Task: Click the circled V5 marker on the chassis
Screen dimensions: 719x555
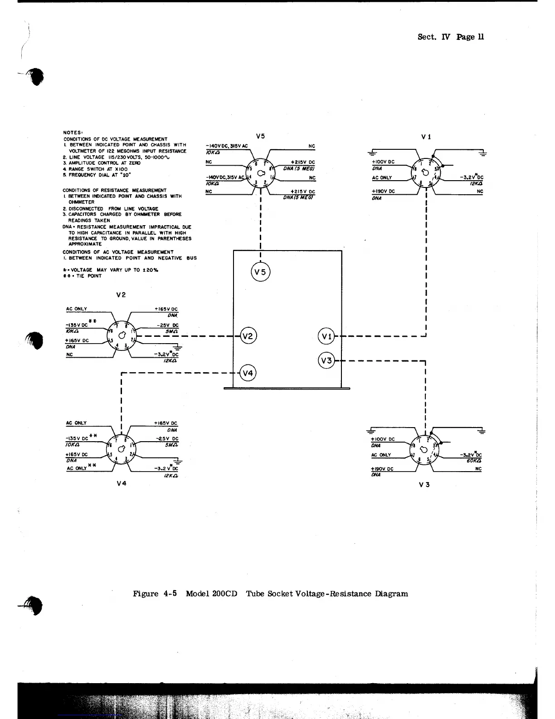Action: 260,272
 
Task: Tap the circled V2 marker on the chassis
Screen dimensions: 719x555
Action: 248,336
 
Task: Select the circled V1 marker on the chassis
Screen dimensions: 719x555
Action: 326,336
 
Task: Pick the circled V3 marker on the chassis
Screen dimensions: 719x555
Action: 326,361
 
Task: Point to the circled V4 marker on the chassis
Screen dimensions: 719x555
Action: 248,374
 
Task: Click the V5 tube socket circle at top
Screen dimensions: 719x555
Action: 261,173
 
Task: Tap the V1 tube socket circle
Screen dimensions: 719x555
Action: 425,172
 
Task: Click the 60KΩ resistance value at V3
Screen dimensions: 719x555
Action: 474,461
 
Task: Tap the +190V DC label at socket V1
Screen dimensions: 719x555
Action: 383,192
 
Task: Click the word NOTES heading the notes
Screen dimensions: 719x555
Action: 72,133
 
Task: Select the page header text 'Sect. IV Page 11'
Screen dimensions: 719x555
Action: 450,37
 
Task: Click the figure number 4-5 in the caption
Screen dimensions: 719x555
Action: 170,594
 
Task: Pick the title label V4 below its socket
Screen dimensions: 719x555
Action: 121,483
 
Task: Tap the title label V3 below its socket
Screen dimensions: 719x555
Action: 424,485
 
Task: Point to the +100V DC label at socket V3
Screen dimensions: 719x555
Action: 383,439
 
